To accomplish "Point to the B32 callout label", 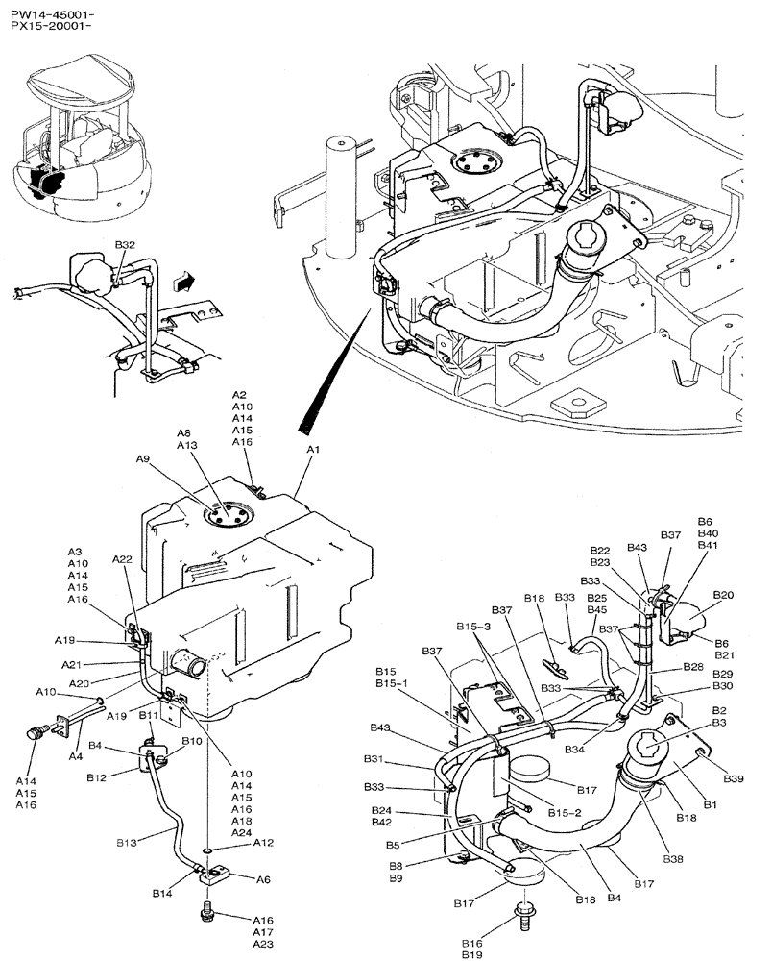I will point(125,246).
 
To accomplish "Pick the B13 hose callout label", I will point(127,842).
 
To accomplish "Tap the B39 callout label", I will point(733,777).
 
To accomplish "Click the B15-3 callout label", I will point(472,626).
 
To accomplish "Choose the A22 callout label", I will point(122,559).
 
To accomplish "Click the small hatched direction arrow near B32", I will point(183,281).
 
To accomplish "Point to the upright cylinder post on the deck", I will point(340,197).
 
